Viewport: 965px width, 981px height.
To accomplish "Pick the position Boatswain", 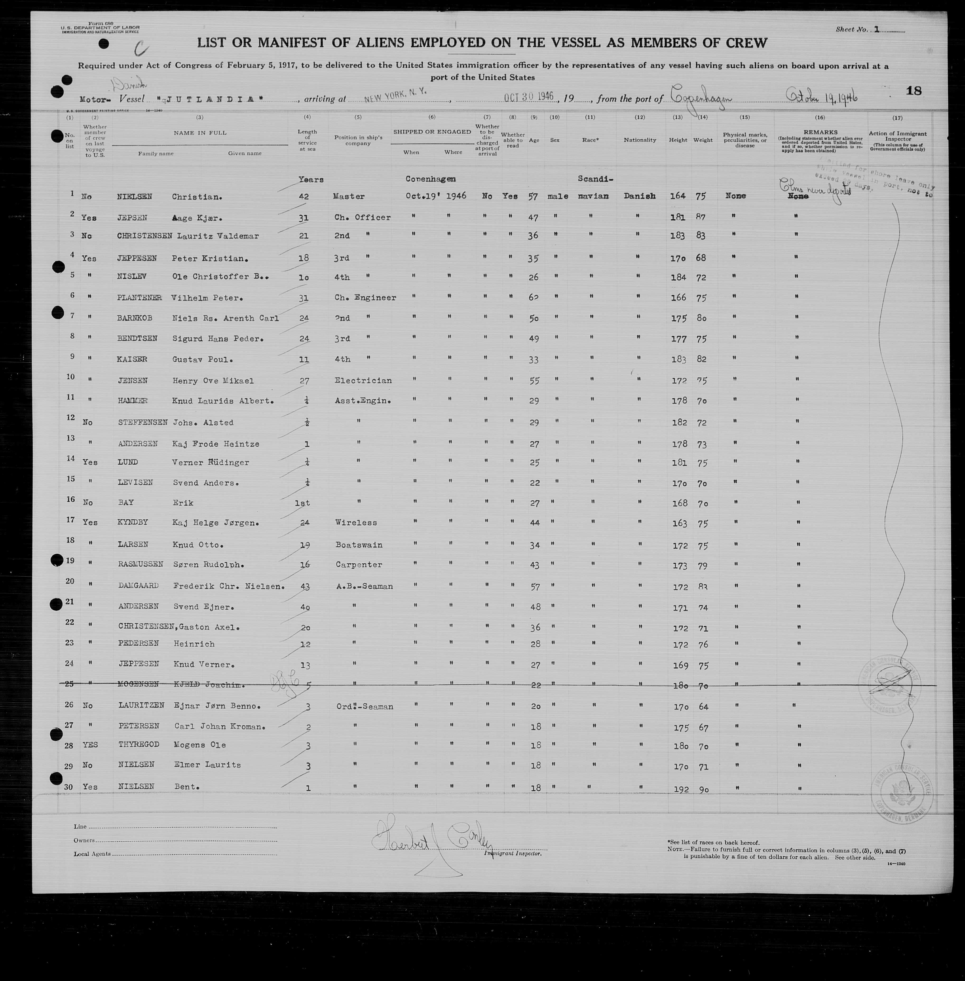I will pyautogui.click(x=359, y=545).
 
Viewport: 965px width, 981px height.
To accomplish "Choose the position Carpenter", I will pyautogui.click(x=359, y=565).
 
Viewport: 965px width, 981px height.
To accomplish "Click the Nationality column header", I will pyautogui.click(x=640, y=140).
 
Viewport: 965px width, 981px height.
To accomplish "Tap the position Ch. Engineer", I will pyautogui.click(x=365, y=298).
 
